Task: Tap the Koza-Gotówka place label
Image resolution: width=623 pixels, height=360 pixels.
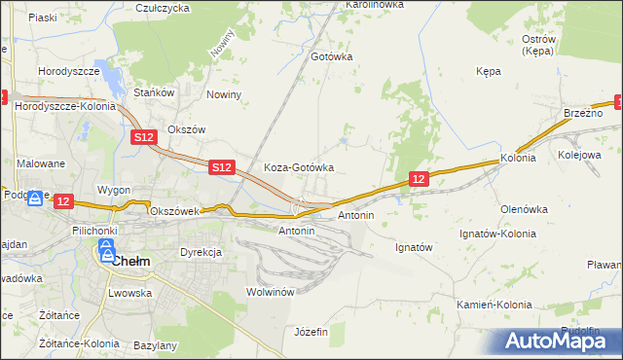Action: point(299,167)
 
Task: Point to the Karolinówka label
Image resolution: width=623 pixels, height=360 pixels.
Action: point(374,5)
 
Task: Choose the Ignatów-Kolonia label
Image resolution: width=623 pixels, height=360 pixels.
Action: point(497,234)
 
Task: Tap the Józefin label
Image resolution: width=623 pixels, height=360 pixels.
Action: point(311,332)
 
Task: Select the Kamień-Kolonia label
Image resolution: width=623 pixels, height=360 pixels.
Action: point(495,305)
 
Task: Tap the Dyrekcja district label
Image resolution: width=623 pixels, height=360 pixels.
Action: point(201,252)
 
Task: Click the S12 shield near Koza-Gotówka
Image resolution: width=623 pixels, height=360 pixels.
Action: point(221,168)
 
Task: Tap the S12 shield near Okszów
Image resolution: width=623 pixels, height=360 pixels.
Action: point(143,138)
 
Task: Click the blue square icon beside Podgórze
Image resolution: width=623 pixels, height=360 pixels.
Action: point(35,198)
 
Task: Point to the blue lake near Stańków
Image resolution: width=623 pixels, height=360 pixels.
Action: point(114,80)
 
